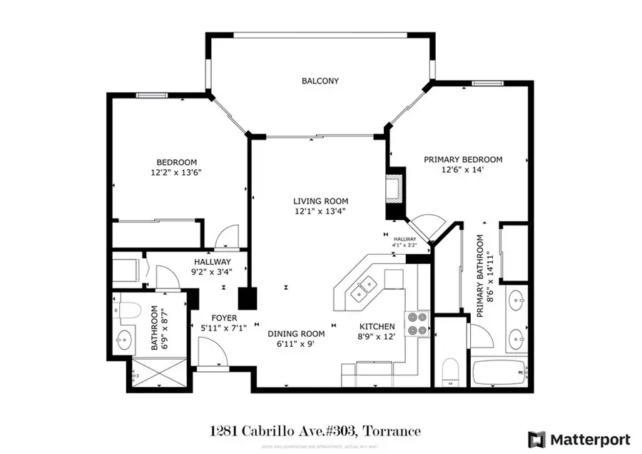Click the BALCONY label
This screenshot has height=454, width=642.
[320, 81]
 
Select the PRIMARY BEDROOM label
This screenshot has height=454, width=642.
[463, 160]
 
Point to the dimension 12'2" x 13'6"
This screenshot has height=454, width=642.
[177, 172]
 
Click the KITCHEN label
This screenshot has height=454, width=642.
[377, 326]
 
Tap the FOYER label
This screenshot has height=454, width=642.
[224, 318]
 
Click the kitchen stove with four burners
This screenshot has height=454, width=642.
[417, 323]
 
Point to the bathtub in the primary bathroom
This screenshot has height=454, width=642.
[500, 373]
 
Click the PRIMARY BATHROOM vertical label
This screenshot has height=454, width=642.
[484, 276]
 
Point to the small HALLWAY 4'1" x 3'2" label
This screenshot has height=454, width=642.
[404, 242]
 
